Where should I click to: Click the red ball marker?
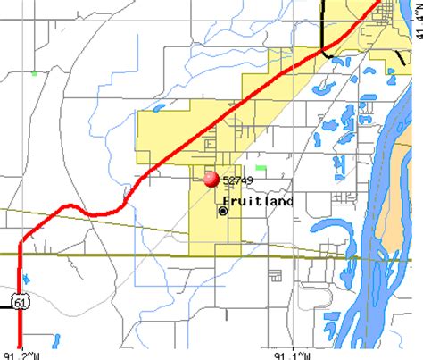(211, 179)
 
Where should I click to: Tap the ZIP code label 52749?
(237, 180)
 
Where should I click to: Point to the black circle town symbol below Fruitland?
(222, 212)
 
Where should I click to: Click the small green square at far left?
(34, 72)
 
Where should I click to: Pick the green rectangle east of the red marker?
(261, 167)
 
